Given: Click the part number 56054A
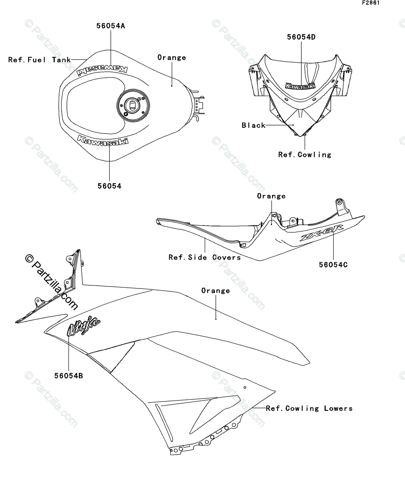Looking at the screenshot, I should coord(111,26).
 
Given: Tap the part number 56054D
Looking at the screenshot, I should coord(301,37).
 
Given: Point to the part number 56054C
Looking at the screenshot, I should coord(333,264).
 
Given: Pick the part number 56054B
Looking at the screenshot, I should coord(69,376).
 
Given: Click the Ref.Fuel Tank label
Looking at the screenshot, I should coord(39,59).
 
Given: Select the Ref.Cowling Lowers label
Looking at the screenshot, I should coord(309,408).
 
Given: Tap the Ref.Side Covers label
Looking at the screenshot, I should coord(204,257).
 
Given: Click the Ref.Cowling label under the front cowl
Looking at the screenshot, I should coord(305,154).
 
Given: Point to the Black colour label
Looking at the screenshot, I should coord(253,125).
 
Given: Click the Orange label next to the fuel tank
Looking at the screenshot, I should coord(172,57).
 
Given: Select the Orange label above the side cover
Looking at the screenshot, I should coord(271,196).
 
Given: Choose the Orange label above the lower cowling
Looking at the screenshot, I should coord(215,291).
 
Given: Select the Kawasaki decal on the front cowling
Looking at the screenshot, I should coord(300,86).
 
